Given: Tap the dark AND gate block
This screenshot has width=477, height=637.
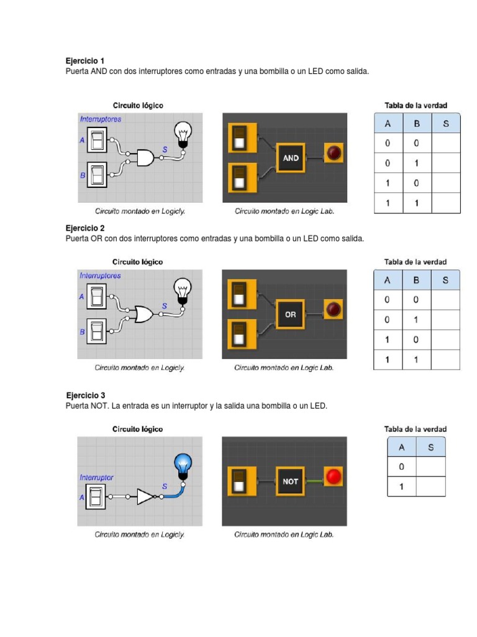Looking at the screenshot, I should [291, 158].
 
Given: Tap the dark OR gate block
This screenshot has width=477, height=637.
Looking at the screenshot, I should [291, 315].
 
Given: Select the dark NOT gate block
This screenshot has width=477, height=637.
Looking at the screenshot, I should [290, 481].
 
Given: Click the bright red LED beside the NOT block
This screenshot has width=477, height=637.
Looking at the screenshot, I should [334, 477].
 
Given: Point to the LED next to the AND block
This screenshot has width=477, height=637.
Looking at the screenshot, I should [334, 153].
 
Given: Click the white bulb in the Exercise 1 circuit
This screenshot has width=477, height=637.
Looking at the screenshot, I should [183, 133].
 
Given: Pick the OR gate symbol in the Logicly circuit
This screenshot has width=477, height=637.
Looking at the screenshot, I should [145, 315].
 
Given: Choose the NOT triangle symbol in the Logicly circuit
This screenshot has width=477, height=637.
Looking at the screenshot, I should [145, 496].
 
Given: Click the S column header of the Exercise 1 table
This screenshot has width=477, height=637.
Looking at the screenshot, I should [445, 124].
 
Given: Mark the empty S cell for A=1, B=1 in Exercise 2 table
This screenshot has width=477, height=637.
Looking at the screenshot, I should [445, 360].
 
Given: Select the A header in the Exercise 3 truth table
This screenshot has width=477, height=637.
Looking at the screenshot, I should [401, 447].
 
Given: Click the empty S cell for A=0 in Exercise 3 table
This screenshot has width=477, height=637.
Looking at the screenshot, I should [430, 467].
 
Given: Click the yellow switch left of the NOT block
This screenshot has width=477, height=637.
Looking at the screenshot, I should [239, 481].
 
